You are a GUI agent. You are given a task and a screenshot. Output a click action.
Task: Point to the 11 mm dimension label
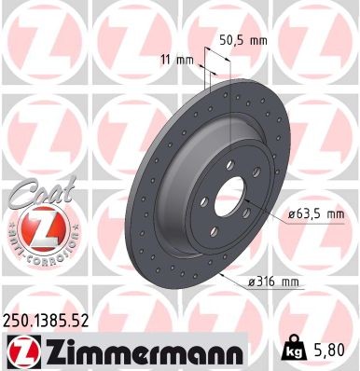pos(177,61)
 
